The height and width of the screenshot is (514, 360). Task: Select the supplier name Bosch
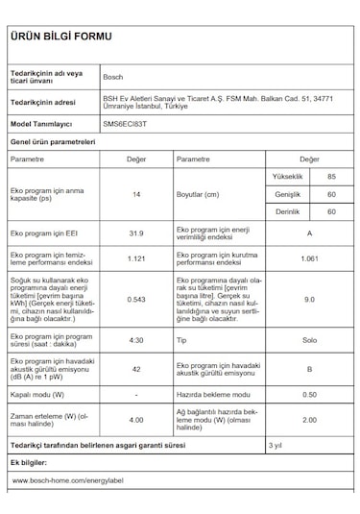click(112, 76)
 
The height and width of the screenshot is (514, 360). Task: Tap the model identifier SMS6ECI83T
click(126, 124)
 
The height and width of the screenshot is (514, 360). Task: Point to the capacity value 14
click(136, 195)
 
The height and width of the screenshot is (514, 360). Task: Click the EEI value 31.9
click(136, 233)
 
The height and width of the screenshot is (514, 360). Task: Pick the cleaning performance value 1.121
click(136, 259)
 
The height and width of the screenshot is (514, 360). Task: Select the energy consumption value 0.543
click(136, 300)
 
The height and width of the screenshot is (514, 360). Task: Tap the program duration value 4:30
click(136, 340)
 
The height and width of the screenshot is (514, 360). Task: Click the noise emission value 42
click(136, 369)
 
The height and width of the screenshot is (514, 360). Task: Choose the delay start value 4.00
click(136, 420)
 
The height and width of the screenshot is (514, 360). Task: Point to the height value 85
click(331, 178)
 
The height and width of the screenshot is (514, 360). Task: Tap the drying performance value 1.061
click(309, 259)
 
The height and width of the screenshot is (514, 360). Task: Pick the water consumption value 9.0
click(309, 300)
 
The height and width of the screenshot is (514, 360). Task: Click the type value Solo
click(309, 340)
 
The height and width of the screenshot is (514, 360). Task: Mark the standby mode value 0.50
click(309, 395)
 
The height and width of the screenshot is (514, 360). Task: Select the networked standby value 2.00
click(309, 420)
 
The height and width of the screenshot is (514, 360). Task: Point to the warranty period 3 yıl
click(276, 446)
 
